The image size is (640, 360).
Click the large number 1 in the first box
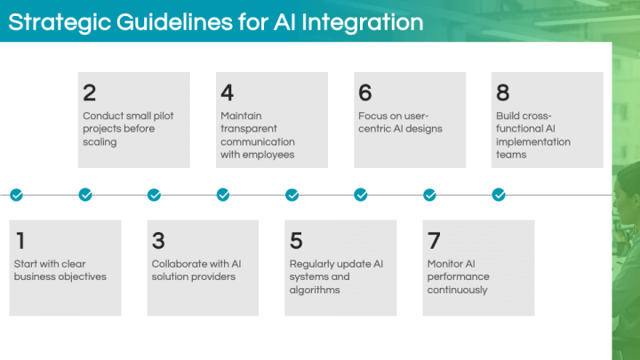(x=20, y=240)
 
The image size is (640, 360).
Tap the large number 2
(x=90, y=92)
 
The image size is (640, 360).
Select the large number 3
(x=158, y=240)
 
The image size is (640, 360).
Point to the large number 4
(x=228, y=92)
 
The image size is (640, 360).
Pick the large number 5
(x=296, y=240)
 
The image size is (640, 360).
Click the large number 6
(x=365, y=92)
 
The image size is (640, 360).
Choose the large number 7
(x=434, y=240)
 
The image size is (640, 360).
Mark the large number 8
(x=503, y=92)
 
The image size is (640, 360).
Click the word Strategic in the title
(x=60, y=22)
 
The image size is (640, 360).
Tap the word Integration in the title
(x=363, y=22)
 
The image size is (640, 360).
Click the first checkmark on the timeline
(x=16, y=195)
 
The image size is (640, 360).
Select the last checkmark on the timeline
(x=499, y=195)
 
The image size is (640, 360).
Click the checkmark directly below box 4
(x=223, y=195)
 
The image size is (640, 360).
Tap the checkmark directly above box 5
(x=292, y=195)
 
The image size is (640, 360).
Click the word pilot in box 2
(x=164, y=116)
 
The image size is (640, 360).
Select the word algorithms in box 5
(x=315, y=290)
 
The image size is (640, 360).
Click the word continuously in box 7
(x=457, y=290)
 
